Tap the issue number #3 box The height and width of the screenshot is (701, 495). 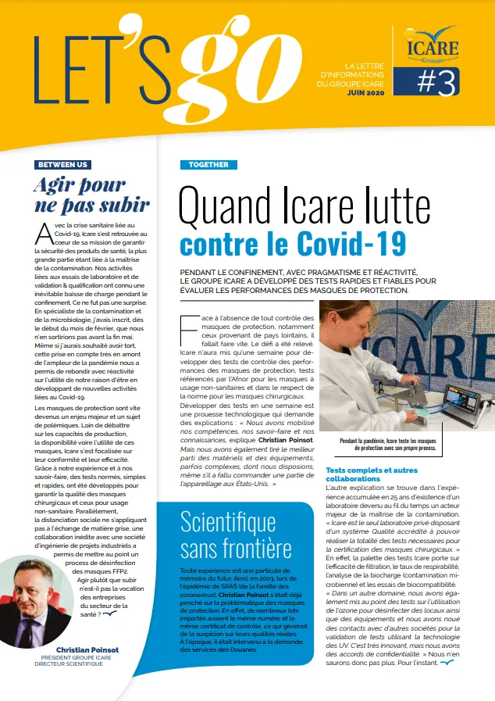pos(426,80)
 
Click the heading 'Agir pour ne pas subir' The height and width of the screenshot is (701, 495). pos(92,195)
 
